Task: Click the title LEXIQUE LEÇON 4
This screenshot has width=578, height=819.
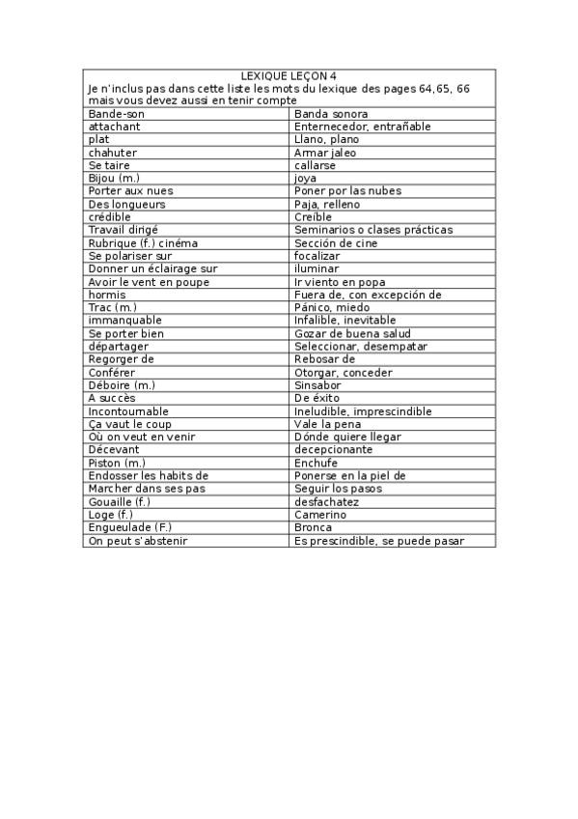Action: [x=289, y=75]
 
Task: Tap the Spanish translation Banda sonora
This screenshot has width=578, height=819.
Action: [x=331, y=114]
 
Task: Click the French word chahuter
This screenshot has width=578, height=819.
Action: [x=112, y=153]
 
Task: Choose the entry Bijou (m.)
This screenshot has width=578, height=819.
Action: [x=114, y=179]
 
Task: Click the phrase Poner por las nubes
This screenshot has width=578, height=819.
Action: [x=346, y=191]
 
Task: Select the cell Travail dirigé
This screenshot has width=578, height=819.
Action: [x=125, y=230]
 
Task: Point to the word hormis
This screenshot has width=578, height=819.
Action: [x=106, y=295]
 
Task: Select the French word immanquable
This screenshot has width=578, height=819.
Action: [x=124, y=321]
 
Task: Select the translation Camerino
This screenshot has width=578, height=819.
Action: [x=319, y=515]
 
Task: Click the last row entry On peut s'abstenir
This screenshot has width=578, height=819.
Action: [x=137, y=541]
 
